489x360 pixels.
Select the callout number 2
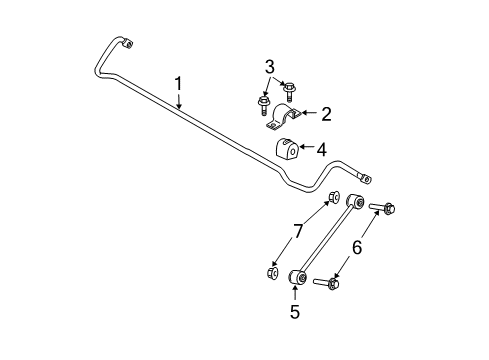(x=325, y=115)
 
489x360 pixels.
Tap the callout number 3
(x=268, y=68)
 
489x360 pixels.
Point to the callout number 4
(x=320, y=149)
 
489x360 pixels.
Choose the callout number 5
(x=295, y=311)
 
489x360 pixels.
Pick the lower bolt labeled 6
(x=333, y=283)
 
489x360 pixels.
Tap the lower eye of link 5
(x=295, y=277)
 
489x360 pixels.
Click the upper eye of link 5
(x=354, y=204)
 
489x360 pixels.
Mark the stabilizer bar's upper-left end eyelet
(x=127, y=43)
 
